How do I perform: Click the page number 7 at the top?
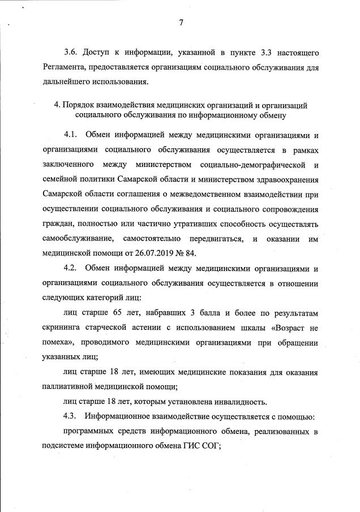click(181, 23)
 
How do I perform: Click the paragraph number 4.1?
click(70, 135)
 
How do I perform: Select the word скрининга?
click(63, 327)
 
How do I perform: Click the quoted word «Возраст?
click(285, 327)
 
